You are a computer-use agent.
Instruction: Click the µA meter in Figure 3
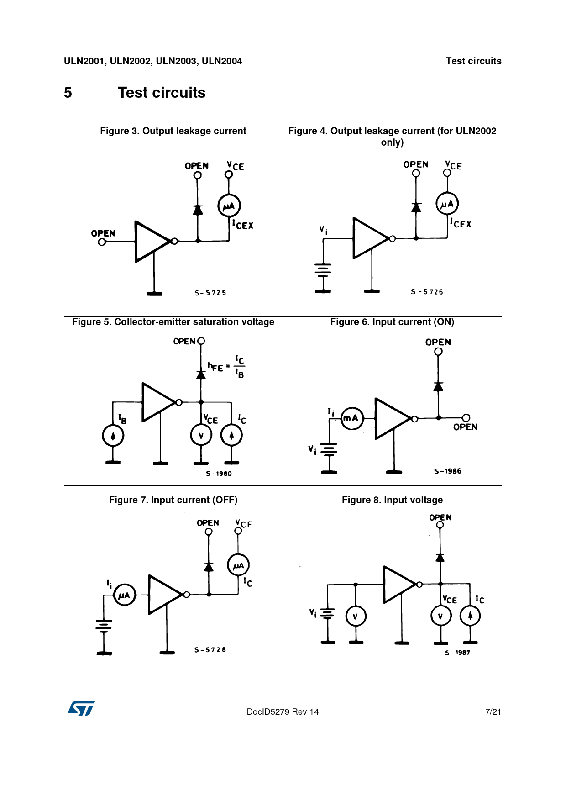pyautogui.click(x=229, y=206)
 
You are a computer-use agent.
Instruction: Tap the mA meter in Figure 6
pyautogui.click(x=352, y=418)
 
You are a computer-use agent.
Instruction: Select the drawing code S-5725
pyautogui.click(x=210, y=293)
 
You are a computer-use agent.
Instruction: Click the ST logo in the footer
pyautogui.click(x=81, y=708)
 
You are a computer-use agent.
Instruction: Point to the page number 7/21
pyautogui.click(x=493, y=711)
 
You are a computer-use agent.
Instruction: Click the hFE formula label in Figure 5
pyautogui.click(x=226, y=366)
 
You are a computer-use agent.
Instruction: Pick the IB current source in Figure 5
pyautogui.click(x=113, y=436)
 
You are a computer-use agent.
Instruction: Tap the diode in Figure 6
pyautogui.click(x=438, y=386)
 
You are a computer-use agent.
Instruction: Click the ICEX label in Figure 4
pyautogui.click(x=461, y=223)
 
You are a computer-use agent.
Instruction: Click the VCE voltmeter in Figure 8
pyautogui.click(x=441, y=616)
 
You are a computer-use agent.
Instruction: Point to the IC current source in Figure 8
pyautogui.click(x=470, y=616)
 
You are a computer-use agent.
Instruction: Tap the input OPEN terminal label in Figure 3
pyautogui.click(x=103, y=233)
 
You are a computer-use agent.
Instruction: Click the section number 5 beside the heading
pyautogui.click(x=68, y=93)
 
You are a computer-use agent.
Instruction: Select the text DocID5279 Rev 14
pyautogui.click(x=283, y=711)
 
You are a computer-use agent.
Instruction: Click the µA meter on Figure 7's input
pyautogui.click(x=124, y=595)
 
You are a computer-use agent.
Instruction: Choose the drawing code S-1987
pyautogui.click(x=457, y=653)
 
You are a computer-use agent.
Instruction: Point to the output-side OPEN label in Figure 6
pyautogui.click(x=465, y=427)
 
